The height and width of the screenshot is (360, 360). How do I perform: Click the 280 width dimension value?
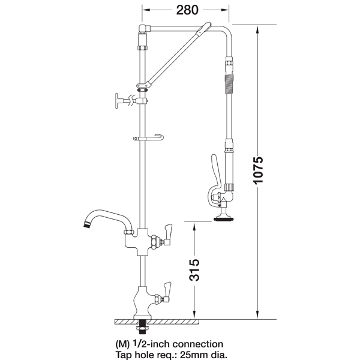187,10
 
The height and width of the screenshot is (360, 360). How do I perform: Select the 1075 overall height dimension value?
258,170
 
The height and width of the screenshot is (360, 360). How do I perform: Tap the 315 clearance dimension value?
194,270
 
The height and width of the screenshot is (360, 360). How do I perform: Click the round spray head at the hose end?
223,219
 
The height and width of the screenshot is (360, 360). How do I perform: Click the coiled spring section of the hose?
229,84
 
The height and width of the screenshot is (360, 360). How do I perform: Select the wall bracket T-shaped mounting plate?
117,101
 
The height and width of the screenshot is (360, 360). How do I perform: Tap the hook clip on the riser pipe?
148,138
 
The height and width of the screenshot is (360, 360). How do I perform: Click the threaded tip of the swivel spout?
86,224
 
